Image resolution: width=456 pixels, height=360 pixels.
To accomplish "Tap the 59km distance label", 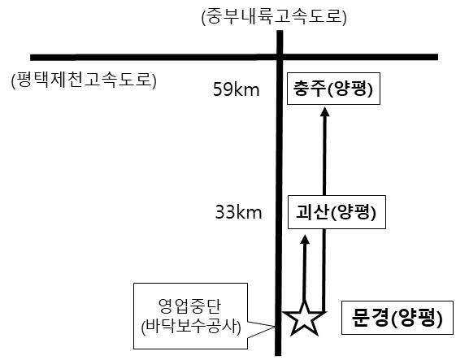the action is [x=237, y=89].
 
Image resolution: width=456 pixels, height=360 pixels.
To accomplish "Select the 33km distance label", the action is [x=238, y=212].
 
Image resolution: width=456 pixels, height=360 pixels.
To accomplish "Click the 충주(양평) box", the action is [x=333, y=89].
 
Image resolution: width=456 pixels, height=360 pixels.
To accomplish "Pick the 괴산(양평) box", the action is [x=337, y=212].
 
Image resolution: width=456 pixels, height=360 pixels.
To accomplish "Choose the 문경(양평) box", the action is [x=397, y=318].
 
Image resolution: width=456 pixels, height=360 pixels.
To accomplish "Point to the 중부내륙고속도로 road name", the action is [x=274, y=16].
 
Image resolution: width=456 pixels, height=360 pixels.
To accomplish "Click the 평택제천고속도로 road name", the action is [x=84, y=80].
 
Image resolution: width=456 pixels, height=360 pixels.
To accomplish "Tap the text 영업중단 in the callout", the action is [x=190, y=306].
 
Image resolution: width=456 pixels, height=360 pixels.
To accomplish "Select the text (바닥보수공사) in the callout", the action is [x=191, y=327].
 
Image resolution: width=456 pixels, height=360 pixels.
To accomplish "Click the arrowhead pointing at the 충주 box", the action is [x=325, y=111].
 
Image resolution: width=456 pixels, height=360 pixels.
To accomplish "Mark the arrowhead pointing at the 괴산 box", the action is [x=305, y=239].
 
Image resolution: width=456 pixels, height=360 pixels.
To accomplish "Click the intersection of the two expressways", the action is [x=280, y=57].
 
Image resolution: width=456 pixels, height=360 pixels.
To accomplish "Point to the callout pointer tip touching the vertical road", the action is [x=275, y=327].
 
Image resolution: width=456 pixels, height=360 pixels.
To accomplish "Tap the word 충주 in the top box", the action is [x=309, y=89].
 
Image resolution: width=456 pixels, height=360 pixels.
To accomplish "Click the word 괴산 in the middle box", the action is [x=312, y=212].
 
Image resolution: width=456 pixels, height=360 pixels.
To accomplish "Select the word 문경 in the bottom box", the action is [x=369, y=317].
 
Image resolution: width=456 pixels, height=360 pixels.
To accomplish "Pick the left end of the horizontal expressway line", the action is [x=31, y=57].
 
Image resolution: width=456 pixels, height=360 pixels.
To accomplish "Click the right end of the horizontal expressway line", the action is [x=437, y=57].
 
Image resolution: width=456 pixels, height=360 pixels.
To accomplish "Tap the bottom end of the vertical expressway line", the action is [x=278, y=355].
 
